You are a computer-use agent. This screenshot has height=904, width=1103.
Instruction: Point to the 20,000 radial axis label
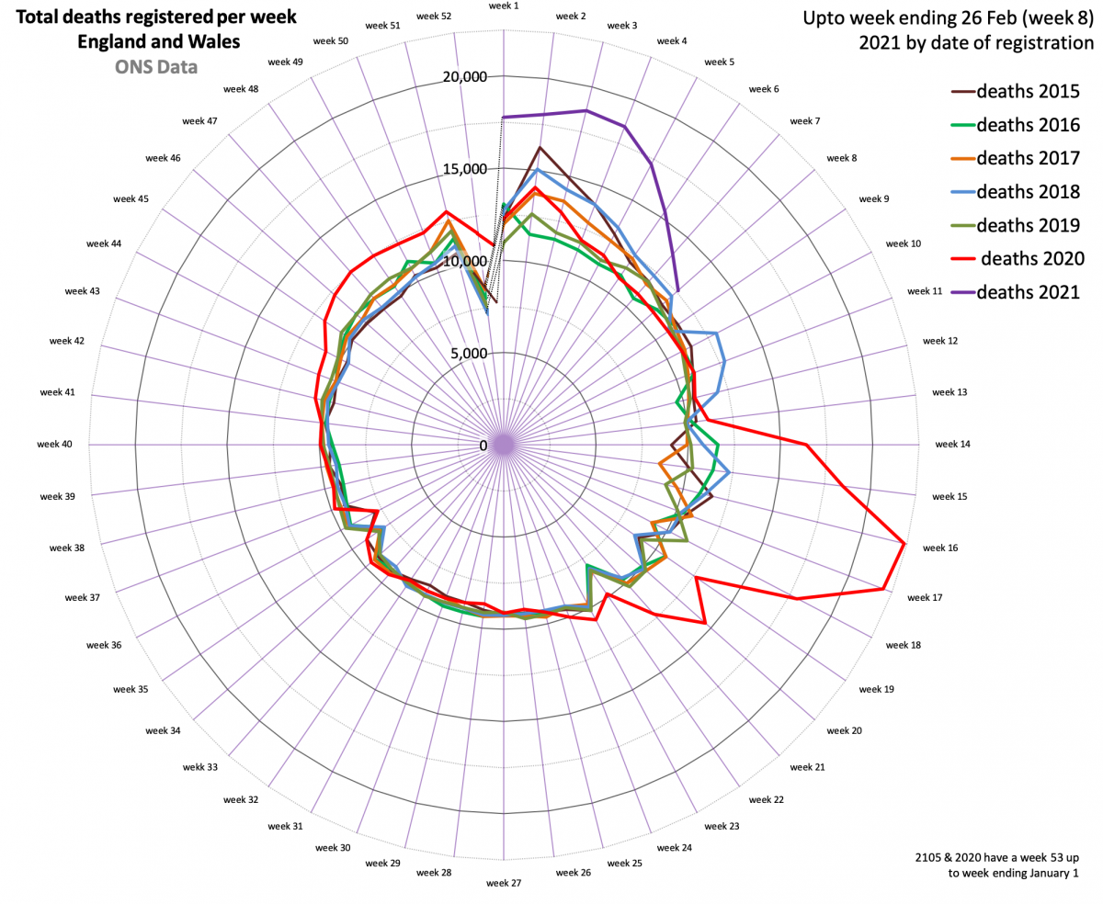(x=463, y=77)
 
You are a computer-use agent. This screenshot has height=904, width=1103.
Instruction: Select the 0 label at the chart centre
(x=484, y=446)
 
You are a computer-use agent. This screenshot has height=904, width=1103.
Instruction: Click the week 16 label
(x=939, y=548)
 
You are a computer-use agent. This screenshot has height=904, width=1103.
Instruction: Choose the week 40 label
(x=54, y=445)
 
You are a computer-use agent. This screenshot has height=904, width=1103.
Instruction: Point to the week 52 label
(x=433, y=17)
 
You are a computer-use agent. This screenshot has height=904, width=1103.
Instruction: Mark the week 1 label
(x=504, y=6)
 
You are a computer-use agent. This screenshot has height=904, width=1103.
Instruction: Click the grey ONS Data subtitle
(x=155, y=66)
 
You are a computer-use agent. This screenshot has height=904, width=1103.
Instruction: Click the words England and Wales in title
(x=155, y=42)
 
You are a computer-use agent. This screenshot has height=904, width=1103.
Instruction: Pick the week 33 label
(x=199, y=767)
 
